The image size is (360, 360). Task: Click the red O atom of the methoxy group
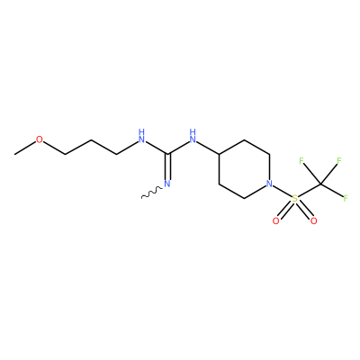[40, 139]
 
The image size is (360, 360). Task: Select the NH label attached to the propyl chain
[141, 136]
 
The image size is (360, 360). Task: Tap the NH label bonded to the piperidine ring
[193, 136]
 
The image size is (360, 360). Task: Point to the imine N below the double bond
[167, 184]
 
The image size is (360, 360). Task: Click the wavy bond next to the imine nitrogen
[152, 193]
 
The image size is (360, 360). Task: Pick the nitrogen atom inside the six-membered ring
[270, 184]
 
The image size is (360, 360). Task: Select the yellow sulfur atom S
[295, 199]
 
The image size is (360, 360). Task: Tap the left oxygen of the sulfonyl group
[276, 221]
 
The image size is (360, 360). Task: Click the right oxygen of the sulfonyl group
[314, 221]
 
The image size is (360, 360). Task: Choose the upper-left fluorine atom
[301, 161]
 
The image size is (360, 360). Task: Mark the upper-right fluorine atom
[339, 161]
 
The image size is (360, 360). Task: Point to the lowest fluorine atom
[346, 198]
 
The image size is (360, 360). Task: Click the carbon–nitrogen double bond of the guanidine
[167, 166]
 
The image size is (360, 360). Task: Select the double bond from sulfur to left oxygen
[286, 210]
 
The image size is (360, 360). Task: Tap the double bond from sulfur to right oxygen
[304, 210]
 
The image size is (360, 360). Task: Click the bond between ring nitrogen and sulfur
[283, 191]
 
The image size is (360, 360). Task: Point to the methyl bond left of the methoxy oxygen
[25, 148]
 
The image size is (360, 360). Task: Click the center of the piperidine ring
[244, 169]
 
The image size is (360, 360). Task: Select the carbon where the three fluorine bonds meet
[320, 184]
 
